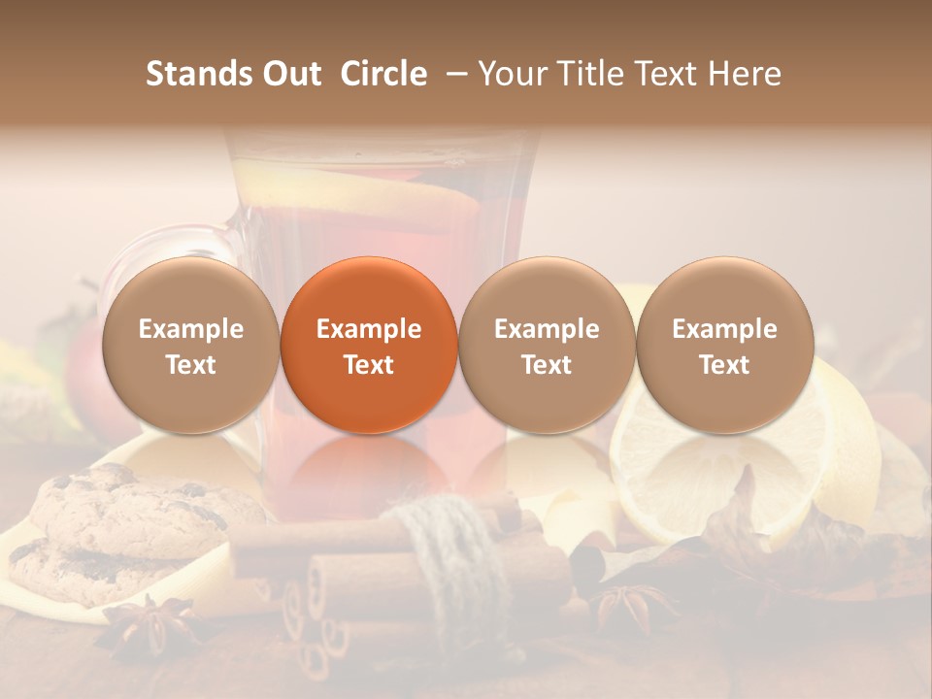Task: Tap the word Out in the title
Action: pos(288,74)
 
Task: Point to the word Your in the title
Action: pos(513,74)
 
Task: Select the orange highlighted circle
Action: pos(369,345)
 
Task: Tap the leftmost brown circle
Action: pos(191,345)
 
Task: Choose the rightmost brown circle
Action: pos(725,345)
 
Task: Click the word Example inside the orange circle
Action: pos(369,329)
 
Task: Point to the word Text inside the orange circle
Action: pos(369,365)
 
